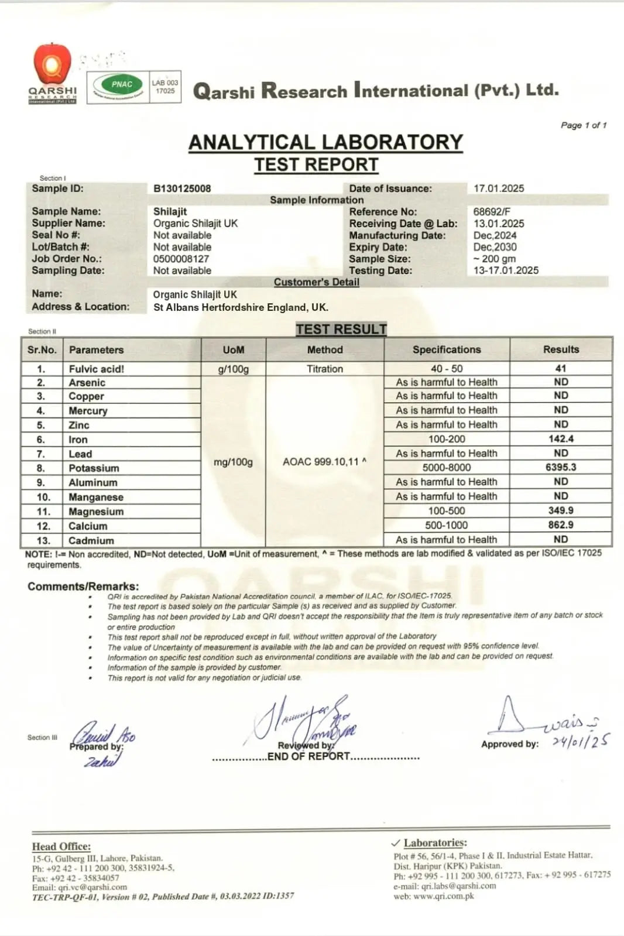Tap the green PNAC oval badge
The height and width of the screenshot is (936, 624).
pos(121,85)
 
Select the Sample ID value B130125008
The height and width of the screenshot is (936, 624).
pos(182,188)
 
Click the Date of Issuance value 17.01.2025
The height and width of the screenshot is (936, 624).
pos(499,188)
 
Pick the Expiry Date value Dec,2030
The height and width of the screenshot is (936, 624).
pos(495,247)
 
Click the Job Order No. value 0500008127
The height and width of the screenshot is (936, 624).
pos(181,259)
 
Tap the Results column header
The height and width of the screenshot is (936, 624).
pos(561,349)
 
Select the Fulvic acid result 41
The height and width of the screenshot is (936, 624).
pos(561,368)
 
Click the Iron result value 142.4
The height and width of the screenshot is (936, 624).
pos(561,438)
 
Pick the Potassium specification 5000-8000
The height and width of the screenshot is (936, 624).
pos(447,468)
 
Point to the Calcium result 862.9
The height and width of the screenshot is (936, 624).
pos(561,525)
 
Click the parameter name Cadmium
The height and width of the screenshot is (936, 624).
pos(91,540)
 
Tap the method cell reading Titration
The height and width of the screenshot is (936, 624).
pos(325,369)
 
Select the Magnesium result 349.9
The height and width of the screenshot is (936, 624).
pos(561,510)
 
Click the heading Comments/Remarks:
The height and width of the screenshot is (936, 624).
pos(83,587)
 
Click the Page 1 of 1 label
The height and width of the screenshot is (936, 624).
pos(584,125)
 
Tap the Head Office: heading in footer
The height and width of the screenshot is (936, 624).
pos(61,846)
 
